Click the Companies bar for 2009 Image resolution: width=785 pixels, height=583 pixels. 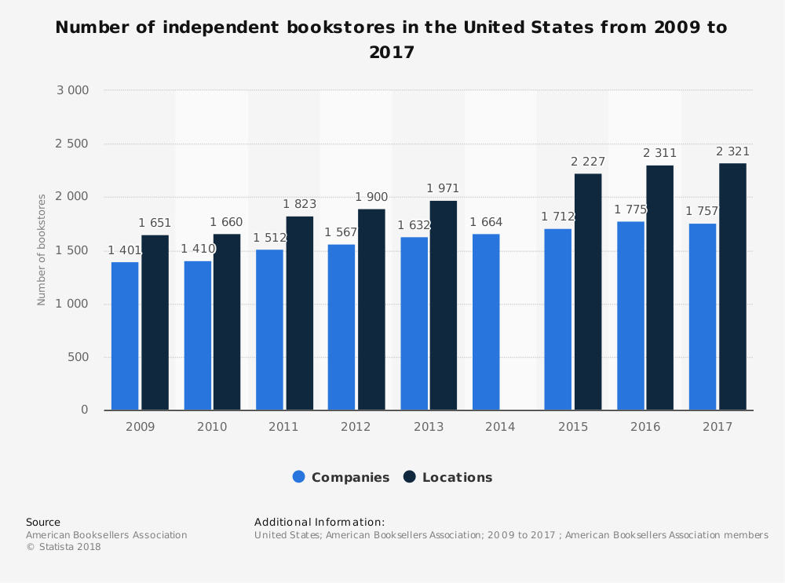click(125, 336)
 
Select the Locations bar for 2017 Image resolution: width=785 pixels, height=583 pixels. click(732, 286)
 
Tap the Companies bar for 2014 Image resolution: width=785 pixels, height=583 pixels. click(486, 322)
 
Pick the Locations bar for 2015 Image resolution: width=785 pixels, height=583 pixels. click(588, 292)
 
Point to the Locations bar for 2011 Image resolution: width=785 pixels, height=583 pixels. click(299, 313)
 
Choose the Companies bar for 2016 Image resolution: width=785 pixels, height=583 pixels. click(630, 315)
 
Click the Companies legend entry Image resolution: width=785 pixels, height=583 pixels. click(341, 477)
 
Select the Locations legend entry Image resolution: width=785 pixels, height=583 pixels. click(448, 477)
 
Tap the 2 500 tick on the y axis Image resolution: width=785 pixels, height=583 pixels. click(72, 144)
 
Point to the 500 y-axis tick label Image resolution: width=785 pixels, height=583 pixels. click(78, 357)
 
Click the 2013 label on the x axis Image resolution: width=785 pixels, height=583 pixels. click(428, 427)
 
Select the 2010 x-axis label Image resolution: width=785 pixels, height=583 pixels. click(212, 427)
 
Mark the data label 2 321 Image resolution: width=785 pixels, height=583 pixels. click(732, 151)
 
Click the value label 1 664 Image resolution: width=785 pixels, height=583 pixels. click(486, 222)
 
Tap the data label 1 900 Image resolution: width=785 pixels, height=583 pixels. click(371, 197)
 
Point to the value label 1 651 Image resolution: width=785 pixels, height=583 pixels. click(155, 223)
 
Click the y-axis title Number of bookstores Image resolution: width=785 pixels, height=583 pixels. click(42, 250)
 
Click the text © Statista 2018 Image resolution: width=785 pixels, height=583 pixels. click(64, 547)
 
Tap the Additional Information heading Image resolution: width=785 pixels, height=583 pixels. click(319, 522)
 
